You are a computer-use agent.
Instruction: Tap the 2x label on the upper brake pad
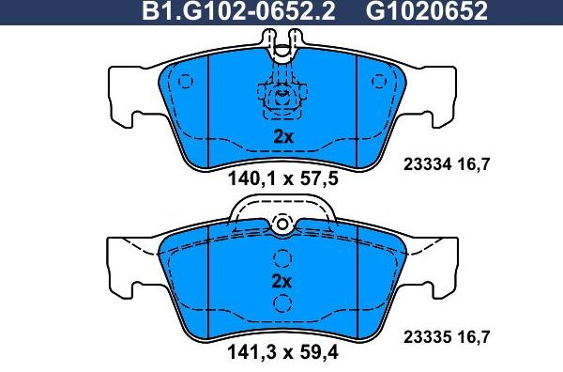pyautogui.click(x=282, y=136)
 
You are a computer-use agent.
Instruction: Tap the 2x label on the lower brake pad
pyautogui.click(x=282, y=281)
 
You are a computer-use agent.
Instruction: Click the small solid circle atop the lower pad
pyautogui.click(x=281, y=224)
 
